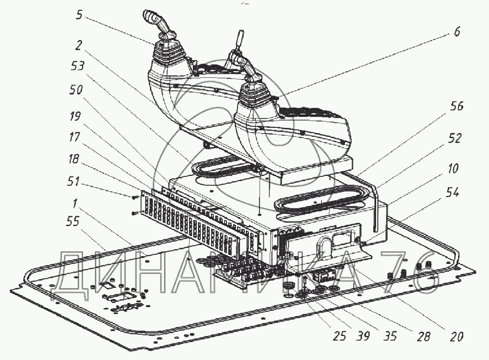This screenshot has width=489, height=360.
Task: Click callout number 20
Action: (x=456, y=336)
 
